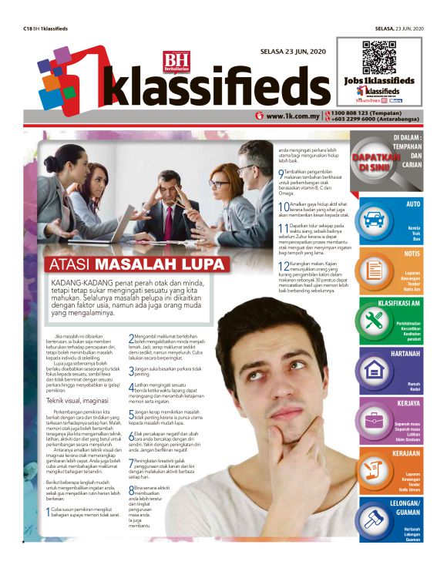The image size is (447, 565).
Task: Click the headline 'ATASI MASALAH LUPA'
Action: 138,264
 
